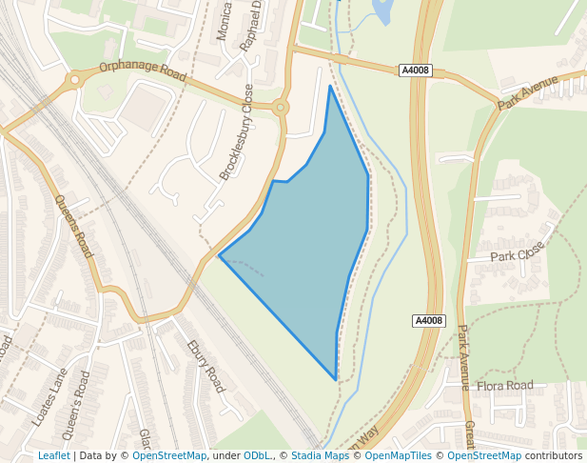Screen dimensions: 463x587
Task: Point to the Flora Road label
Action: click(x=505, y=386)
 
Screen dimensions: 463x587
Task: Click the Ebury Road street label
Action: click(x=205, y=367)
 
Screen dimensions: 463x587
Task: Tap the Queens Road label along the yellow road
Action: click(x=73, y=227)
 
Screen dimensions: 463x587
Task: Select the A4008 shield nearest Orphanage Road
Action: click(x=415, y=70)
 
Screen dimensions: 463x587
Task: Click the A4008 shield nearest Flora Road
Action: click(x=429, y=321)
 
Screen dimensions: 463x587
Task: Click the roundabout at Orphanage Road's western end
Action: click(x=75, y=82)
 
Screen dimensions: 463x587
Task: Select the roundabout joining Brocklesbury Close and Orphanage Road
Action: click(x=280, y=108)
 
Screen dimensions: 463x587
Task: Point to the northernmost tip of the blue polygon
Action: click(x=330, y=86)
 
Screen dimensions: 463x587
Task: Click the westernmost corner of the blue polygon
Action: click(x=220, y=255)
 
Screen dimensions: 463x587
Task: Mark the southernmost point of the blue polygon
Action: click(x=336, y=379)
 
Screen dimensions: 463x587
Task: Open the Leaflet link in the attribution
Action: click(x=53, y=455)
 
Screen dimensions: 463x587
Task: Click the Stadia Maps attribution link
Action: click(x=320, y=455)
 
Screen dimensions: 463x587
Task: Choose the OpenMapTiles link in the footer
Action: click(x=399, y=455)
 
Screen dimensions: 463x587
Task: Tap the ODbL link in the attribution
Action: click(x=257, y=455)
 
